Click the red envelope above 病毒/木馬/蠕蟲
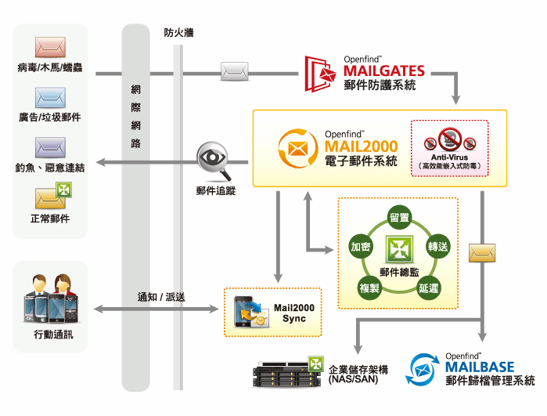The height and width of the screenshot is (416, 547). click(50, 46)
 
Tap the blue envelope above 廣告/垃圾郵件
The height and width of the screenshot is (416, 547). click(50, 96)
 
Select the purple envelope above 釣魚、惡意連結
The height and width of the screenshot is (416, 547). click(50, 147)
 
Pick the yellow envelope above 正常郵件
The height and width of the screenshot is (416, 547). click(50, 195)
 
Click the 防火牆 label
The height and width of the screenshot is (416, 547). click(179, 32)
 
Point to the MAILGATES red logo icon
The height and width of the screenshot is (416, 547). click(320, 73)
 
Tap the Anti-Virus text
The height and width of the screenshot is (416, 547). click(449, 157)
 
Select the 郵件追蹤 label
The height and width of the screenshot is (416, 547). click(216, 191)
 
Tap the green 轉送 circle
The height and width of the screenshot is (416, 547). click(437, 247)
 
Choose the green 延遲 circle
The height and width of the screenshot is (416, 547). click(428, 287)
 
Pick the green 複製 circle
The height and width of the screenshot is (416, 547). click(369, 287)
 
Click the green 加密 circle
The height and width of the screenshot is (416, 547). click(360, 247)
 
